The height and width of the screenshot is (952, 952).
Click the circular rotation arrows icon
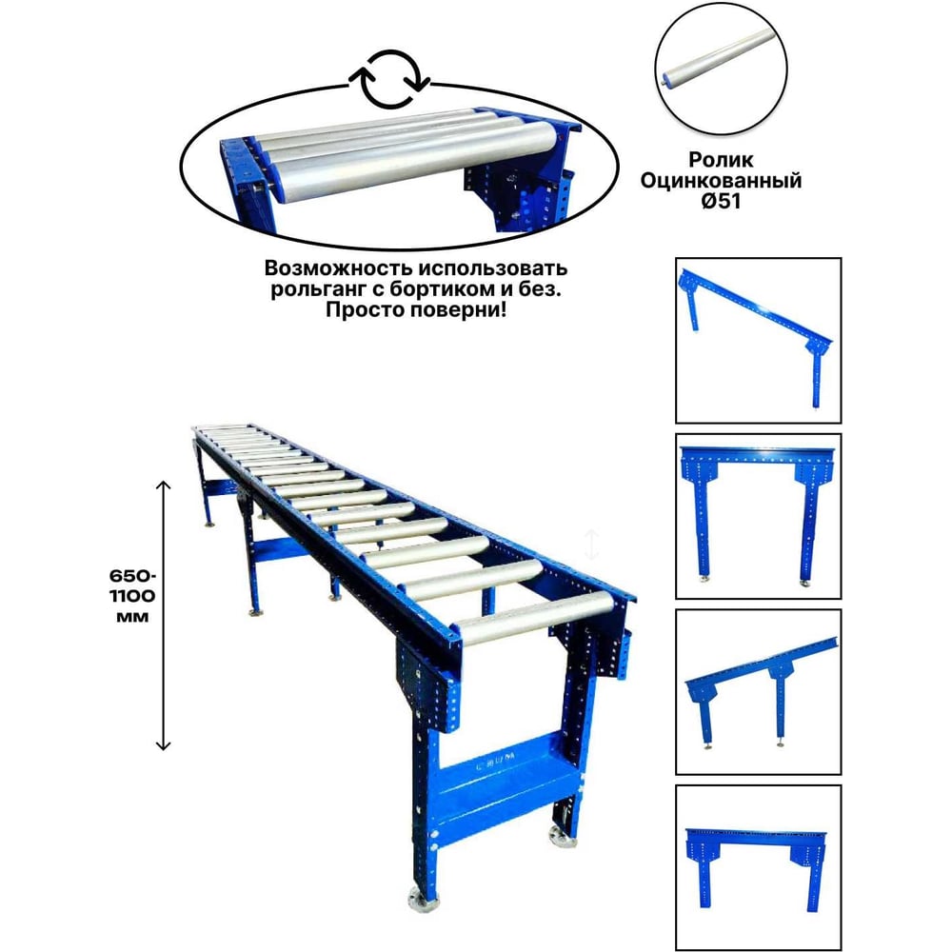point(389,80)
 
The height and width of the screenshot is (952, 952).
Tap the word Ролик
point(721,160)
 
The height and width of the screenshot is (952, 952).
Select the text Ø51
point(721,201)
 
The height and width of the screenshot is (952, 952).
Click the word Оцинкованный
point(721,180)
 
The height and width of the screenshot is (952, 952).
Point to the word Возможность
point(338,268)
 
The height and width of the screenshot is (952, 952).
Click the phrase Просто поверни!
point(416,310)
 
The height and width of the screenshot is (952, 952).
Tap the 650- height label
point(132,575)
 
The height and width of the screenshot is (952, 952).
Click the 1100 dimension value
point(132,596)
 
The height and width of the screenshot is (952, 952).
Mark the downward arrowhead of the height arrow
point(164,745)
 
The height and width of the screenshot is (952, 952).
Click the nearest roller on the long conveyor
point(535,618)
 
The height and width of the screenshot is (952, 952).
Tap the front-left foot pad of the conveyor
point(421,901)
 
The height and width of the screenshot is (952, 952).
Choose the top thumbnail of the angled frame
point(759,340)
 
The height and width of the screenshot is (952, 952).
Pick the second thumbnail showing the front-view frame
point(759,516)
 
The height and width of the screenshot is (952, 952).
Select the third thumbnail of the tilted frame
point(759,692)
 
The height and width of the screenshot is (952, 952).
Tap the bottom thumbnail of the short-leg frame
point(759,867)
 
